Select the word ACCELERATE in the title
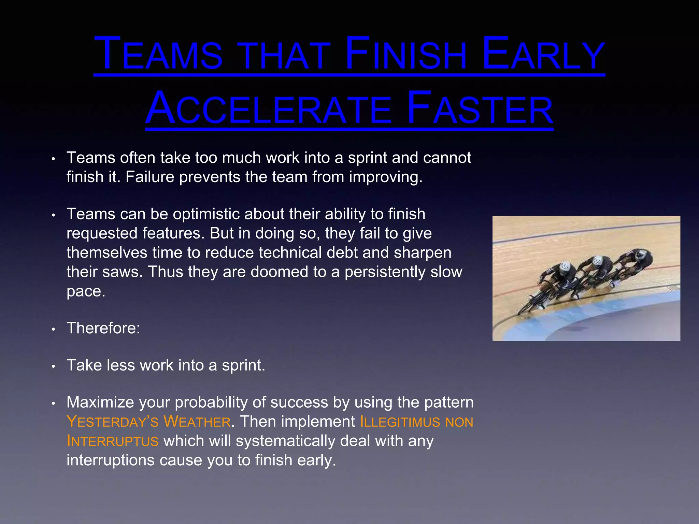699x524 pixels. click(268, 108)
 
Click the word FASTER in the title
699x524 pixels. click(480, 108)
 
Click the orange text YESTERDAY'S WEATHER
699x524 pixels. click(149, 422)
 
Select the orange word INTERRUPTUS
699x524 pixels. click(113, 441)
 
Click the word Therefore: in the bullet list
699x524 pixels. click(103, 328)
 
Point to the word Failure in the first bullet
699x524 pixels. click(149, 177)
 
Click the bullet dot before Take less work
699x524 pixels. click(53, 366)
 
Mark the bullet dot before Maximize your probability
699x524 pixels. click(53, 404)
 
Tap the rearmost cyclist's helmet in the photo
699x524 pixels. click(642, 254)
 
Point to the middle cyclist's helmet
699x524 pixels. click(597, 261)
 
